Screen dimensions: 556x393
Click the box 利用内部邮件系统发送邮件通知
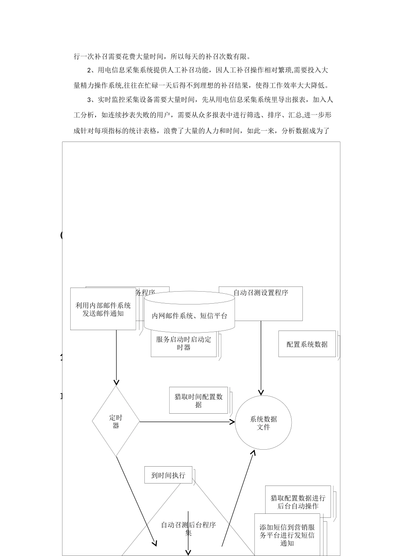point(103,309)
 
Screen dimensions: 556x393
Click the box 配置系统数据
point(307,344)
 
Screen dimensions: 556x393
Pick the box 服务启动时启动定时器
point(184,343)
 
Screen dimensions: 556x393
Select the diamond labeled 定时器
point(116,422)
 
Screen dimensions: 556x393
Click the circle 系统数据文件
point(264,423)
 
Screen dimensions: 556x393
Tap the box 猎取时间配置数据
point(199,400)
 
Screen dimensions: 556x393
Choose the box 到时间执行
point(168,475)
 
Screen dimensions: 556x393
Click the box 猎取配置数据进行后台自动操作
point(298,502)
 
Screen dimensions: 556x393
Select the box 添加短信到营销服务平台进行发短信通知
point(287,535)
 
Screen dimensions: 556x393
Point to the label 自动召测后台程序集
point(188,529)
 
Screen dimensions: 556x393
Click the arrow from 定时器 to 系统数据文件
point(186,422)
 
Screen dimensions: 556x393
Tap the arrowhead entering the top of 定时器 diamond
point(116,382)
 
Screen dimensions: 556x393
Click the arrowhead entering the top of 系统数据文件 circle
point(261,392)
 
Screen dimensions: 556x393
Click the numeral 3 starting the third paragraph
point(89,100)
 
